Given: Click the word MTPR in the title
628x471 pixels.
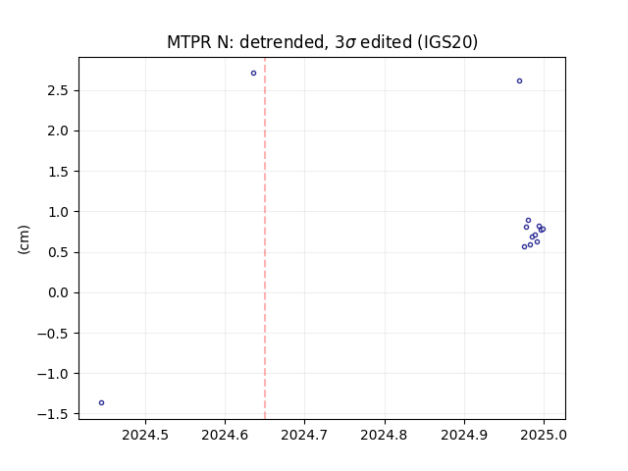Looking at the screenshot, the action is [189, 42].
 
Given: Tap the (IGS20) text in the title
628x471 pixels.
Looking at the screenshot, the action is [447, 42].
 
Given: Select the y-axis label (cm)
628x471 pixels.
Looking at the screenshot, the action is [24, 239].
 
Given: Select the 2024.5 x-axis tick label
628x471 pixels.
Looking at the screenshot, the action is [145, 435].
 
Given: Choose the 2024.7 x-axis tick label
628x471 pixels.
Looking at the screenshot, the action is [304, 435].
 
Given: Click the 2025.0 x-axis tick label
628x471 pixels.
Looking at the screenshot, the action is [544, 435].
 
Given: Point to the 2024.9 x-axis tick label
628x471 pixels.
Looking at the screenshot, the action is [464, 435].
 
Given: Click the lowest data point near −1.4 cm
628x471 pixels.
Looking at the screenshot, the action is [102, 403].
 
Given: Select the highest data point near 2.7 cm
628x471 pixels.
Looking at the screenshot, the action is [253, 74].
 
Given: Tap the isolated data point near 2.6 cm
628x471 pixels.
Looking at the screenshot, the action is [519, 80].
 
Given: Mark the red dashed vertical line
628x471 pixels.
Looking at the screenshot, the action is [265, 238].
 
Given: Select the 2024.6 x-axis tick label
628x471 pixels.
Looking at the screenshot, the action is [225, 435].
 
